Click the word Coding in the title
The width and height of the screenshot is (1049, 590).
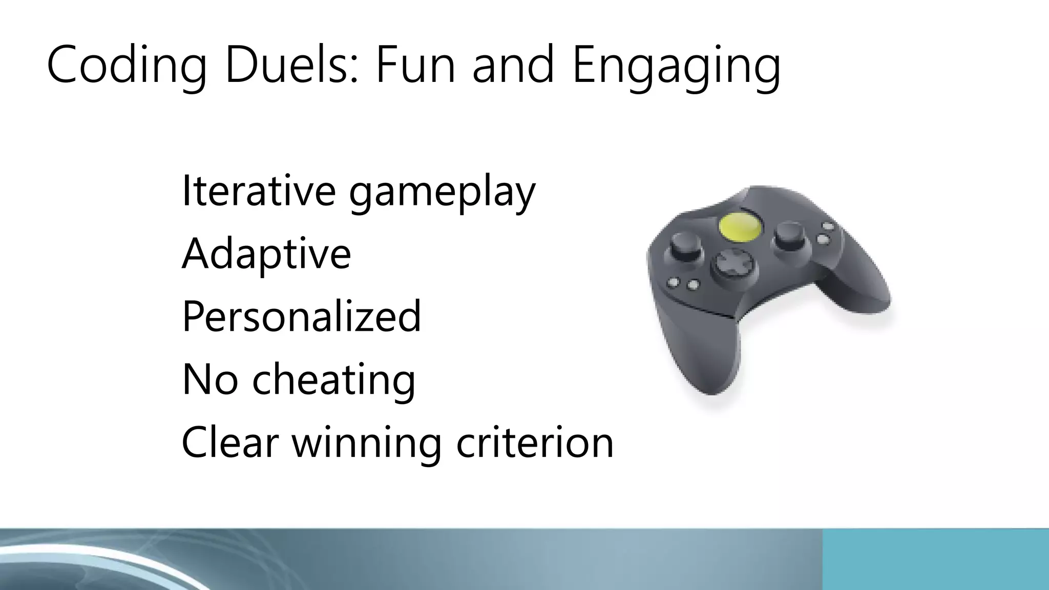tap(126, 66)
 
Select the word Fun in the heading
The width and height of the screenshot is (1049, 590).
tap(415, 65)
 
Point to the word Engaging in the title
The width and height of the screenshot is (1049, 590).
tap(676, 66)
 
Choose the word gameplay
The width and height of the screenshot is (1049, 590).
tap(442, 192)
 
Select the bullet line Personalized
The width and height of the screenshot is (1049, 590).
tap(301, 316)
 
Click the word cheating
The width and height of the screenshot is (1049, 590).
tap(333, 379)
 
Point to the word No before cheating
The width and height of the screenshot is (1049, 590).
tap(210, 379)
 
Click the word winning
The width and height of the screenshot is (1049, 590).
tap(366, 443)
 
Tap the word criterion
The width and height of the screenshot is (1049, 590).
tap(535, 442)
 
